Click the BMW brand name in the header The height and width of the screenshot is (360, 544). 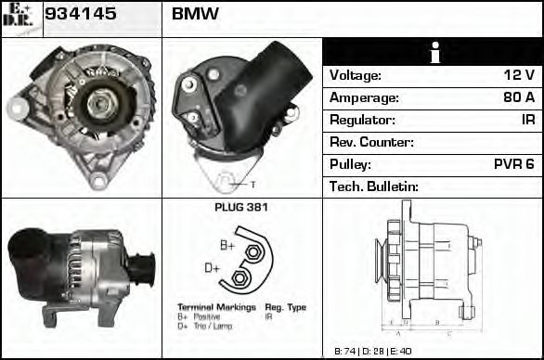[195, 15]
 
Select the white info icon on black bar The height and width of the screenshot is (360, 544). [433, 52]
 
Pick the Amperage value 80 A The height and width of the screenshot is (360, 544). [516, 97]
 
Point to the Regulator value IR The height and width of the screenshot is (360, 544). [527, 120]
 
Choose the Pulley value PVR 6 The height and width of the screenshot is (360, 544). [513, 164]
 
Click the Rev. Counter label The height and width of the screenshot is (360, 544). [371, 142]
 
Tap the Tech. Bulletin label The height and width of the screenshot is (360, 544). [375, 186]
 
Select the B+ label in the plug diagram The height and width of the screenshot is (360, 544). [227, 245]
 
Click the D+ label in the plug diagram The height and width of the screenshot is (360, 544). [212, 267]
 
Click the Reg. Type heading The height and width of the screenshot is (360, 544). [285, 306]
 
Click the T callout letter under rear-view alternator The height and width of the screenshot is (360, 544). [253, 184]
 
